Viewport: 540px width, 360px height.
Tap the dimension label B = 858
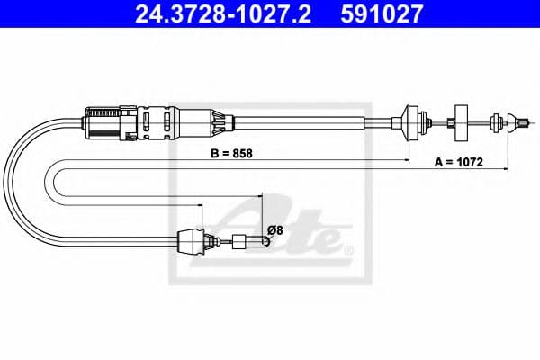click(230, 152)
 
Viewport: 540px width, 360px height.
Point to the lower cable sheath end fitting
click(192, 240)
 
